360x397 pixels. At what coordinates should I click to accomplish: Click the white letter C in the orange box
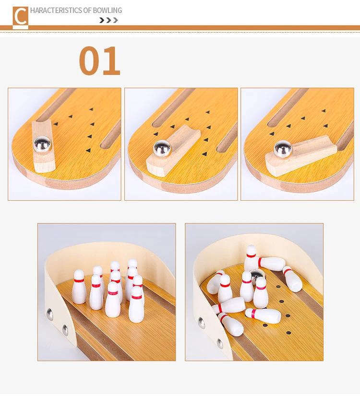20,17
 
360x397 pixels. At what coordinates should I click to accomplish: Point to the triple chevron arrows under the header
108,20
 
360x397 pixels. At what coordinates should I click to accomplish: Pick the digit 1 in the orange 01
112,61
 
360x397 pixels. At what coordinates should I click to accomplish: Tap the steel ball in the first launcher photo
40,143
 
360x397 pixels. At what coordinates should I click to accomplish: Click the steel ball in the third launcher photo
282,149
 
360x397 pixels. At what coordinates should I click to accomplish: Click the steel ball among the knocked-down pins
258,276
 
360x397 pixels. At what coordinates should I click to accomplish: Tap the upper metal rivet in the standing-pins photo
49,314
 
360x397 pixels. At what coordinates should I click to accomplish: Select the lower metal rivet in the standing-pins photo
65,330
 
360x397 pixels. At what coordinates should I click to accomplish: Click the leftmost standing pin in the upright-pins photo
79,287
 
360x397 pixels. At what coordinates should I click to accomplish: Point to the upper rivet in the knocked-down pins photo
202,323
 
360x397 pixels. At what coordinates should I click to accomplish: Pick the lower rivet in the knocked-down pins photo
219,343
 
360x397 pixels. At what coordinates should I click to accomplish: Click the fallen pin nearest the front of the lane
230,324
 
